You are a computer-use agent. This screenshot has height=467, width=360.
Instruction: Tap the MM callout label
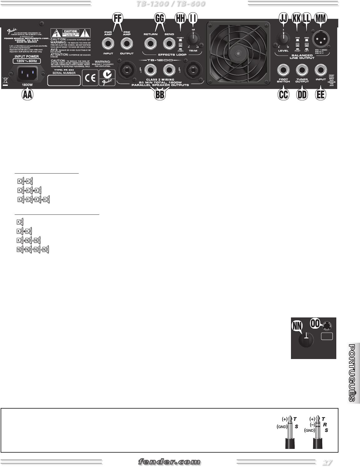pos(320,19)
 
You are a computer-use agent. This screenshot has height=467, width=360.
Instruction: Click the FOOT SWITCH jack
pos(284,70)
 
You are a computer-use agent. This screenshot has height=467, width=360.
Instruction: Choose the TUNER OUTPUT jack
pos(302,70)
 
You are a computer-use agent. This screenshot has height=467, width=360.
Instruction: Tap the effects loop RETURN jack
pos(150,44)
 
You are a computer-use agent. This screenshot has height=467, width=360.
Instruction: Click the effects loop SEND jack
pos(169,44)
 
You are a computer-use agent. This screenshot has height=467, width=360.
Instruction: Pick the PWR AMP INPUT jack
pos(108,44)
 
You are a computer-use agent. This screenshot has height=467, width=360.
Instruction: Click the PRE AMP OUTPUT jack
pos(127,44)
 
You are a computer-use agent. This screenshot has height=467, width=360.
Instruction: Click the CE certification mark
pos(90,78)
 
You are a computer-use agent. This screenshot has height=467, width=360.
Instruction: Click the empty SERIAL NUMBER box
pos(64,81)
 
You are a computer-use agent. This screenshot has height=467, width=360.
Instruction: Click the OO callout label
pos(316,323)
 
